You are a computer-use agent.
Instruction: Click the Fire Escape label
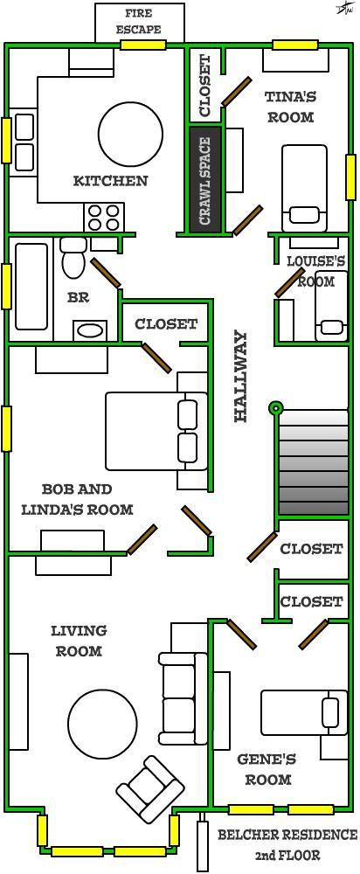[x=139, y=21]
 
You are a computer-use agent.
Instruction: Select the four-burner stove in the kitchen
[x=103, y=217]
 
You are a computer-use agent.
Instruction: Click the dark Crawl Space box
[x=205, y=181]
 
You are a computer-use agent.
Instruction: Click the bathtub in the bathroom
[x=31, y=286]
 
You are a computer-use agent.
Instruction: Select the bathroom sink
[x=89, y=330]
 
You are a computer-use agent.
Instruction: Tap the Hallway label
[x=241, y=376]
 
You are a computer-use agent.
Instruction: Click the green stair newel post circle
[x=276, y=407]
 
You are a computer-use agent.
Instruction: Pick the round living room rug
[x=103, y=725]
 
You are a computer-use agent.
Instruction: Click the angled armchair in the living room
[x=150, y=788]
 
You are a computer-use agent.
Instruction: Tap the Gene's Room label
[x=267, y=769]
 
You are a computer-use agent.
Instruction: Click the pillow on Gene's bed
[x=331, y=712]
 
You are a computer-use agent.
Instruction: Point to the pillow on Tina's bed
[x=304, y=214]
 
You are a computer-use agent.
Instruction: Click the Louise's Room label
[x=315, y=270]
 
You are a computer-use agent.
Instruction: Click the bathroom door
[x=106, y=273]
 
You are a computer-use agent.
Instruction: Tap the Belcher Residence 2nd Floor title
[x=287, y=844]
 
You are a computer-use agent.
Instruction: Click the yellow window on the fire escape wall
[x=143, y=45]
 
